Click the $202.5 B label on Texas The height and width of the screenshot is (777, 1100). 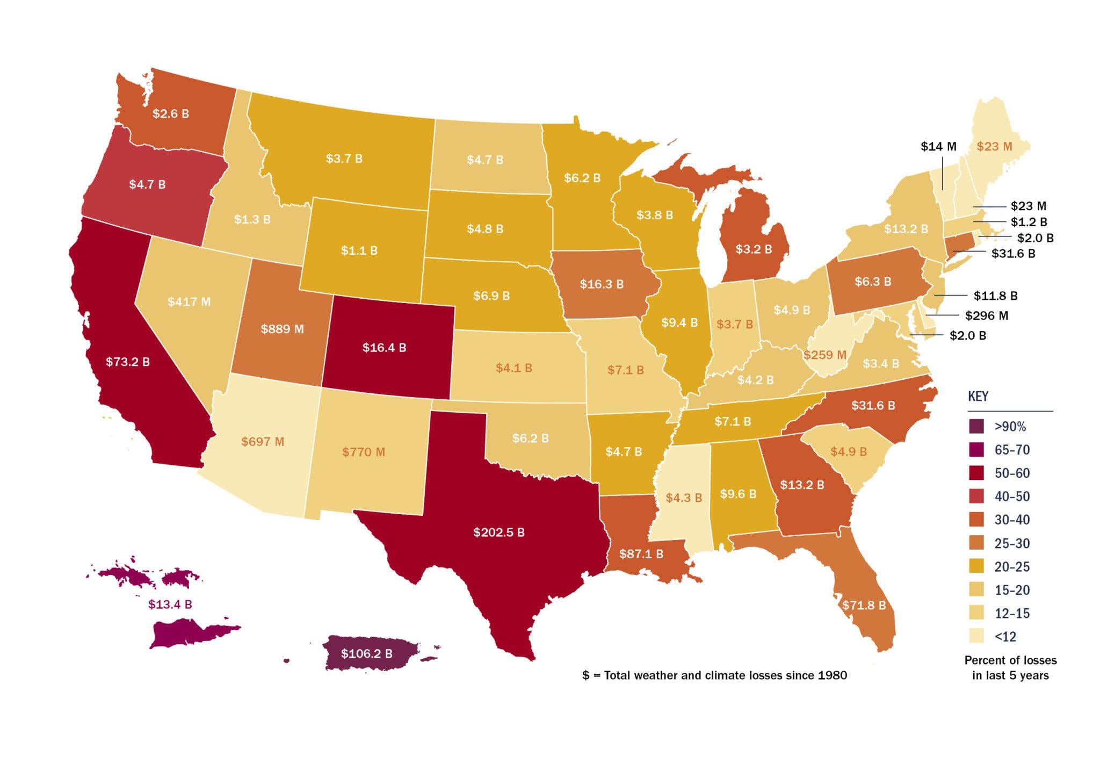(x=498, y=532)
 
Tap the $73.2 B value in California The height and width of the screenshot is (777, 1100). (x=128, y=362)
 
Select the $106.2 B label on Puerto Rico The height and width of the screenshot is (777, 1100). (x=366, y=653)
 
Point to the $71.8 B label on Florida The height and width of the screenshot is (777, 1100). (x=864, y=605)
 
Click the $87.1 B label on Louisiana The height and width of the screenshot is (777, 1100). (x=641, y=553)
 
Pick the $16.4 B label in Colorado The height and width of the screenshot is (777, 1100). (x=384, y=348)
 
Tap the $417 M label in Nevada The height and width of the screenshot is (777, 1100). (x=189, y=301)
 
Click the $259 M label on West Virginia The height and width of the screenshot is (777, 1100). (x=824, y=355)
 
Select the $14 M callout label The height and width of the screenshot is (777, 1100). (x=938, y=146)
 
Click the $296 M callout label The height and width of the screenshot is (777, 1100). (x=986, y=315)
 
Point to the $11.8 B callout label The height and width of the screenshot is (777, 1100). (x=995, y=296)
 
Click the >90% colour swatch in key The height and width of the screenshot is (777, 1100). (x=976, y=427)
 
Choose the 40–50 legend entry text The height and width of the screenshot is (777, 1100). (x=1012, y=497)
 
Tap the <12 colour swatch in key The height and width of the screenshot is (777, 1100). (x=976, y=637)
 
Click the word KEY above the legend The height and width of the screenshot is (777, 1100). (x=978, y=397)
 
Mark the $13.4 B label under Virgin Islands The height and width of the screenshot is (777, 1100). (x=170, y=604)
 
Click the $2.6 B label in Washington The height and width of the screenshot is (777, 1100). (x=171, y=113)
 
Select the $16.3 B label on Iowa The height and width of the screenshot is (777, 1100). (x=602, y=284)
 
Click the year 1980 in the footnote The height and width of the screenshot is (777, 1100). (x=832, y=675)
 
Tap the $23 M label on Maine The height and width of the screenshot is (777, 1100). (x=994, y=146)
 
